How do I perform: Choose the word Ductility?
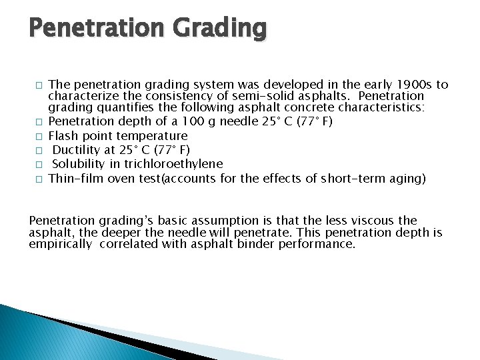(77, 150)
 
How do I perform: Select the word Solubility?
(79, 164)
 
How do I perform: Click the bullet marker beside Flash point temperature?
(39, 137)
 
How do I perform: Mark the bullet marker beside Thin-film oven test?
(39, 179)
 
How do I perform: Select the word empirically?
(61, 244)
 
